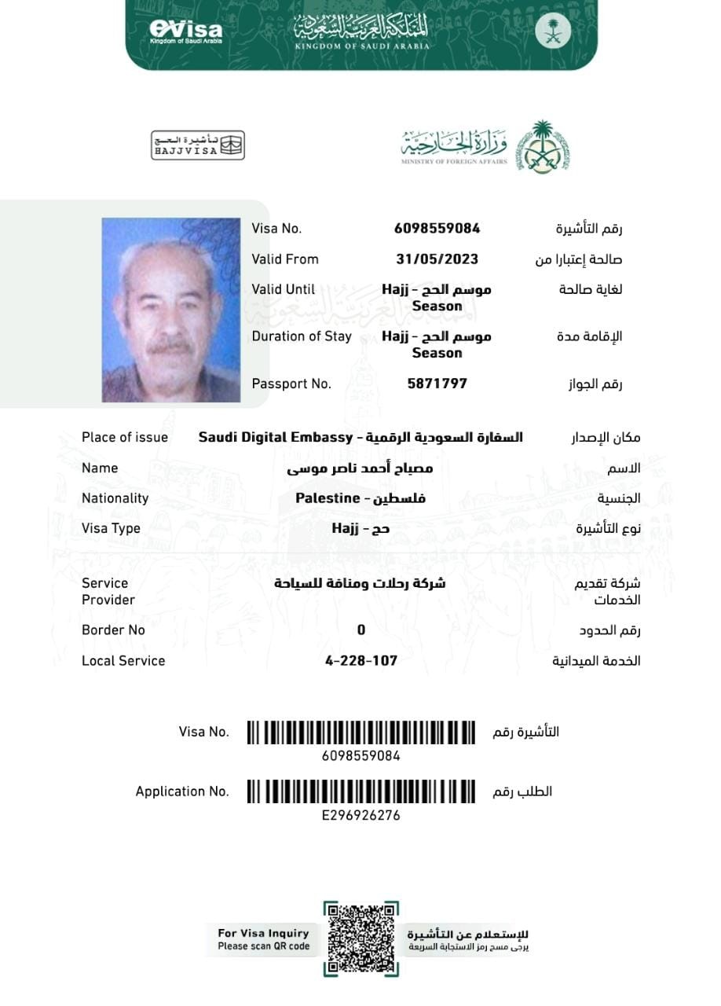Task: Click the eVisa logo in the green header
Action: point(185,31)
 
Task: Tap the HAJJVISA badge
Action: point(197,145)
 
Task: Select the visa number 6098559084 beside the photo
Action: point(437,229)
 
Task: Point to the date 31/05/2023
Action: point(437,259)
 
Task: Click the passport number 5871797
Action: point(437,384)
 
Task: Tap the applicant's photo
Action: point(170,310)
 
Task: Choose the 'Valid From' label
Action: point(285,259)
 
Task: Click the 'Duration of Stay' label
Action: point(302,336)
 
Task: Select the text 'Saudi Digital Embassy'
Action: point(275,437)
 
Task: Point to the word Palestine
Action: point(327,498)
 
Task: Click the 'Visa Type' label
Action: point(111,528)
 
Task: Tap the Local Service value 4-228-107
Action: point(361,661)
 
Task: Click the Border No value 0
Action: point(361,630)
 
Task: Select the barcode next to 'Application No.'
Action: point(361,791)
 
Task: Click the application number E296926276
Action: point(361,816)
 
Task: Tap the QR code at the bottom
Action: point(360,938)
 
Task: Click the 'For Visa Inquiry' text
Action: point(264,934)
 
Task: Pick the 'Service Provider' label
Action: point(108,591)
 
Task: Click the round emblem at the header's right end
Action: point(553,31)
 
